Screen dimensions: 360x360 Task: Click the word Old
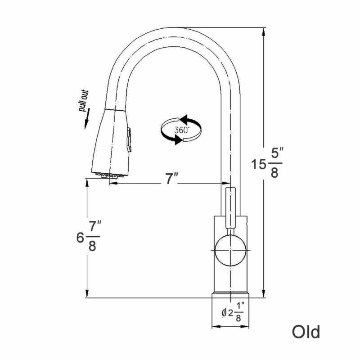tap(306, 332)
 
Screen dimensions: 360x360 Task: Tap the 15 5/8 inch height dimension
tap(267, 162)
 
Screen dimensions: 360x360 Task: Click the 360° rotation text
tap(182, 130)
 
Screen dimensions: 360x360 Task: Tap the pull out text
tap(84, 100)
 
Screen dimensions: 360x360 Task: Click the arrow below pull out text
tap(87, 118)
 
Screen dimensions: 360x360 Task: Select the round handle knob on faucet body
tap(230, 250)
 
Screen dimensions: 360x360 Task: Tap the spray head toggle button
tap(129, 140)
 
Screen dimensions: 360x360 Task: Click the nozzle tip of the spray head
tap(109, 175)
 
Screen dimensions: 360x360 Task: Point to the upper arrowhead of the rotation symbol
tap(184, 119)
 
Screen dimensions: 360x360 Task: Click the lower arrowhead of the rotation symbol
tap(179, 139)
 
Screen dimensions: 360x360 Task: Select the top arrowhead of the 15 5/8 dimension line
tap(264, 31)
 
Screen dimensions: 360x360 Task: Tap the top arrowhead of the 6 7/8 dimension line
tap(87, 183)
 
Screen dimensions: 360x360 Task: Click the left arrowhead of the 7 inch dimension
tap(113, 183)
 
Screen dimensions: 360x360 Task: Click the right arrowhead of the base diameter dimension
tap(244, 326)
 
